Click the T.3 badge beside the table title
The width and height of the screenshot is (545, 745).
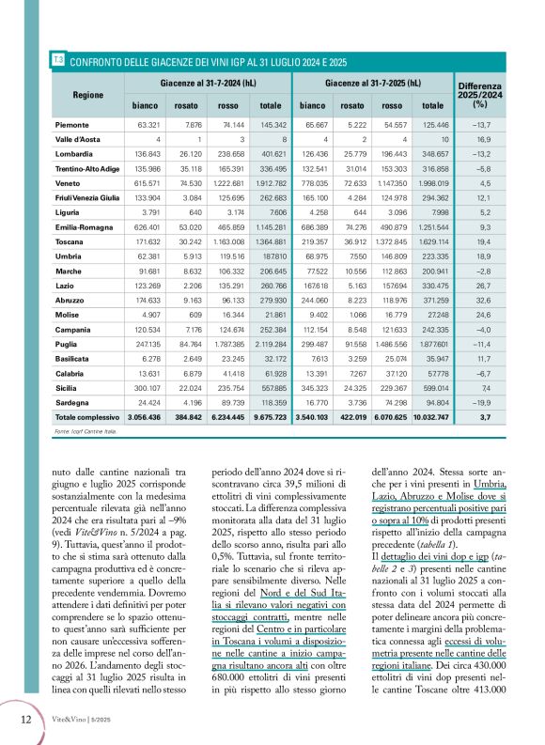coord(58,60)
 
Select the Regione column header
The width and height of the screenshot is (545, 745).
coord(88,95)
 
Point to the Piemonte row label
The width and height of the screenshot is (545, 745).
coord(73,124)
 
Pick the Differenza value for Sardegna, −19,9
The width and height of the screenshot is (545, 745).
coord(480,399)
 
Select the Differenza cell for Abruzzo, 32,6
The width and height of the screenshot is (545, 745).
coord(480,324)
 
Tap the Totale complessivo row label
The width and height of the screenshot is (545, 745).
coord(89,415)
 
